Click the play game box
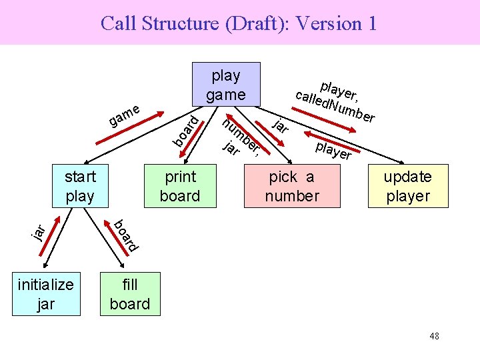click(x=225, y=85)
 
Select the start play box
click(x=80, y=186)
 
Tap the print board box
click(x=180, y=186)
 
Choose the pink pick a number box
click(x=291, y=186)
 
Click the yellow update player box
click(x=407, y=186)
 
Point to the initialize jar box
click(x=46, y=294)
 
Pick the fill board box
click(x=130, y=294)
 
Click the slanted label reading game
click(x=125, y=115)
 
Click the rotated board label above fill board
click(x=125, y=235)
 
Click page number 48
click(x=434, y=336)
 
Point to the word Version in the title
click(x=326, y=24)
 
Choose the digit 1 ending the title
click(x=371, y=24)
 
